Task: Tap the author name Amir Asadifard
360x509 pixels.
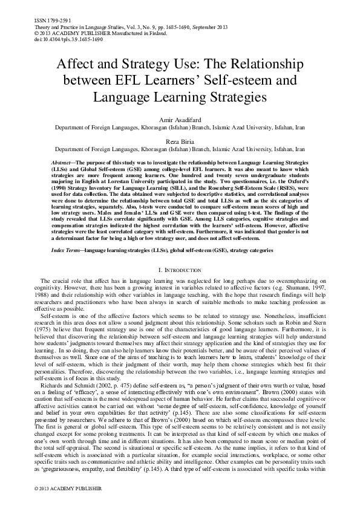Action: (180, 121)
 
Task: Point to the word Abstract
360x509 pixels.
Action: (61, 164)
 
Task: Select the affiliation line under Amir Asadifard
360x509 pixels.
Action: (180, 129)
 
